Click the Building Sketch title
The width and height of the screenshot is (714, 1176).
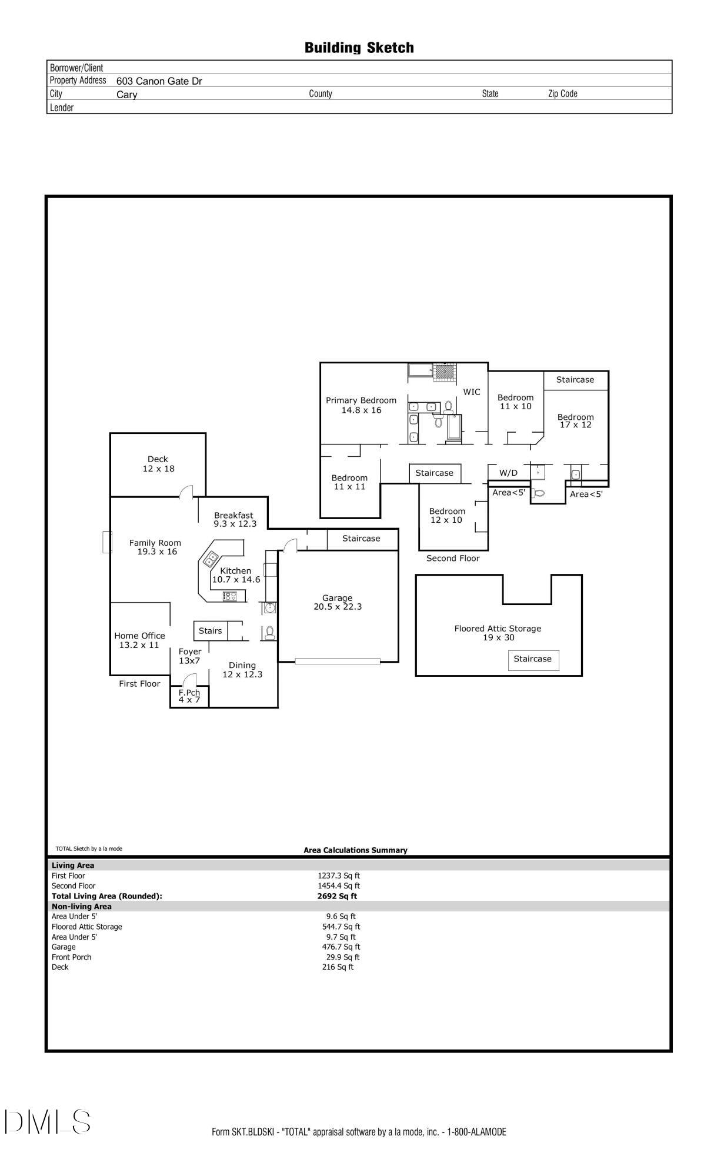[359, 48]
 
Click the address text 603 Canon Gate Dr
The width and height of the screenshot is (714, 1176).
[159, 81]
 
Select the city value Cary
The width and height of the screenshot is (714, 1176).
[126, 95]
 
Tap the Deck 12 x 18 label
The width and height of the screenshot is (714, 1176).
[158, 464]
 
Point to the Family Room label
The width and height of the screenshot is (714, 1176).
[155, 543]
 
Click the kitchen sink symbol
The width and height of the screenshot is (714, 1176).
[211, 558]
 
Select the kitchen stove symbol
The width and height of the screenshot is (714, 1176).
[229, 596]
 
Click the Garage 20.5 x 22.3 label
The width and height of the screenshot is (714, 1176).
[338, 602]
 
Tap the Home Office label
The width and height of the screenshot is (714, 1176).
[139, 636]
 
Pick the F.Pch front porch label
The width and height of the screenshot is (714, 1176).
[189, 693]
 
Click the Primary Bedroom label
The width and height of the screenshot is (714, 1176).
[361, 400]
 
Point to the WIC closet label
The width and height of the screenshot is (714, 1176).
[472, 392]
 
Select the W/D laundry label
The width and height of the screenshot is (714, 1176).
[509, 473]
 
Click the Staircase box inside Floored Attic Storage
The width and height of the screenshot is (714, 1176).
[533, 660]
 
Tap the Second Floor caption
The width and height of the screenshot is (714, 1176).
[453, 559]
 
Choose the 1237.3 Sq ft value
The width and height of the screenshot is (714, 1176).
[339, 876]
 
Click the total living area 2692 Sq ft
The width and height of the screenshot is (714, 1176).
[337, 896]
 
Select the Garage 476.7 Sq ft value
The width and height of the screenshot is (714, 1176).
[341, 947]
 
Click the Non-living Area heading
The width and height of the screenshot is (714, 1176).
[81, 906]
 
